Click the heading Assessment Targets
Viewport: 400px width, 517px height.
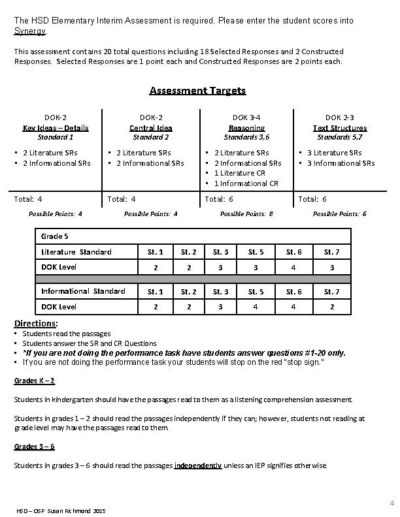click(197, 91)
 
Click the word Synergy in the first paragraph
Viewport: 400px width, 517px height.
click(30, 31)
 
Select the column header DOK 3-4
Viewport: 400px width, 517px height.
click(247, 118)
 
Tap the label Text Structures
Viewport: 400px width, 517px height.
click(339, 128)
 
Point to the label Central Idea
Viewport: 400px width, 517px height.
click(151, 128)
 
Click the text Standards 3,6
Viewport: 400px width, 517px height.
click(247, 138)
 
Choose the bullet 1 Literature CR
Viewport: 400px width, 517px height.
click(239, 173)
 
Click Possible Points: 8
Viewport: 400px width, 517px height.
click(246, 214)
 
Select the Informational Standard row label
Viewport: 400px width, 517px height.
click(83, 291)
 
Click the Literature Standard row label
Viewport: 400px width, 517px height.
click(76, 252)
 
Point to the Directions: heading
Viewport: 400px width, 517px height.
click(36, 323)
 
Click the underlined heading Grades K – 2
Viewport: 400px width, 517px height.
click(34, 381)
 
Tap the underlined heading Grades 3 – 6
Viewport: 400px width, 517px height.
click(34, 446)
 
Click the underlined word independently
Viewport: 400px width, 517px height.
click(198, 465)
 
